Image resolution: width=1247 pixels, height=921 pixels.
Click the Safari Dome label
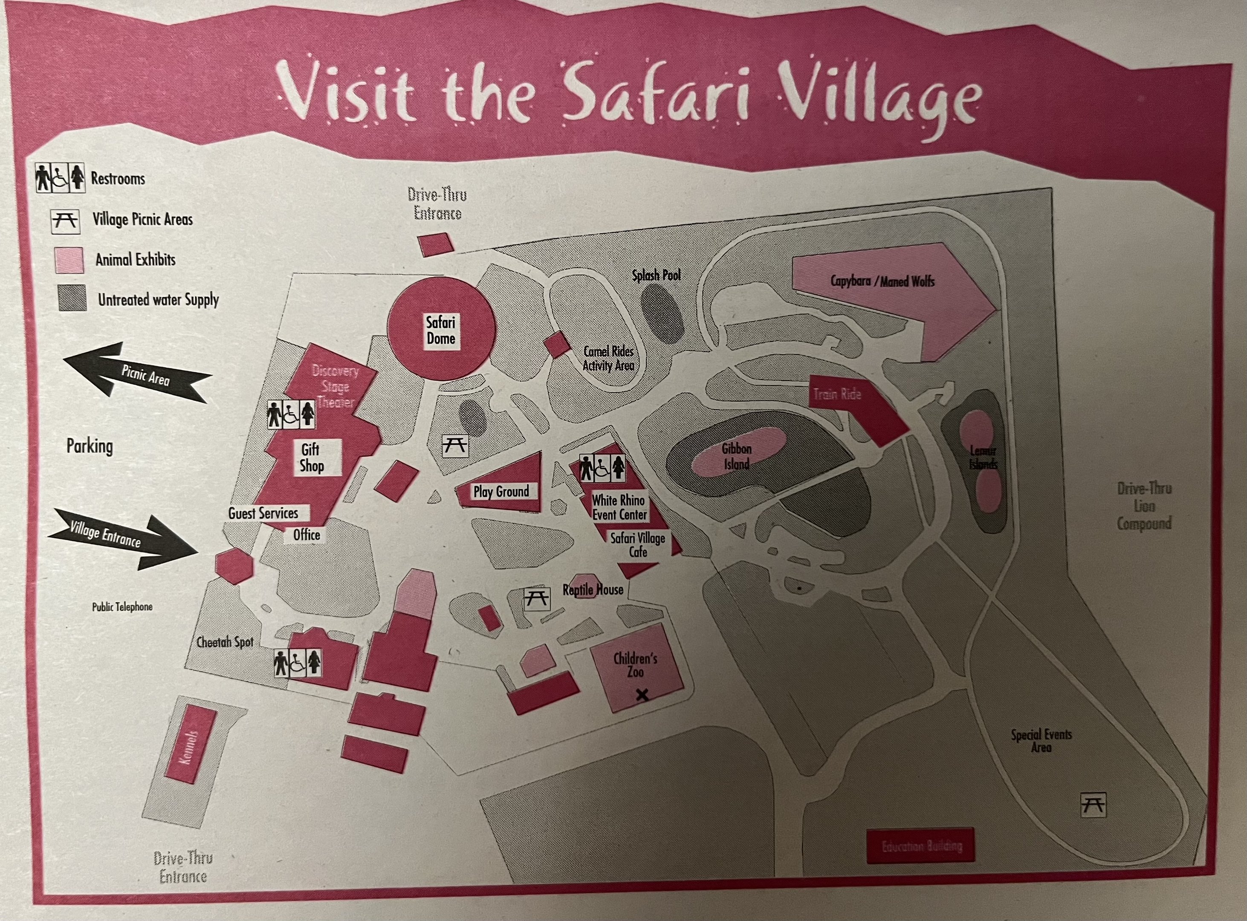coord(440,330)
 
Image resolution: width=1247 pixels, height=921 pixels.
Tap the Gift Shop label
coord(311,458)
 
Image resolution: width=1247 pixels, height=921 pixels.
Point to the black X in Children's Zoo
coord(642,695)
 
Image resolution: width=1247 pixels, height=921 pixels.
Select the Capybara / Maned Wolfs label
coord(882,281)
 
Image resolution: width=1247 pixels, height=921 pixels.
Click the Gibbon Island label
coord(736,456)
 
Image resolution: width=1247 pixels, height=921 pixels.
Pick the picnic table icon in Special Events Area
coord(1093,805)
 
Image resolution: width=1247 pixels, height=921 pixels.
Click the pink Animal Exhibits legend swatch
coord(69,261)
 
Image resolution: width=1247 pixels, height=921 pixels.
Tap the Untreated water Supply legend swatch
coord(72,298)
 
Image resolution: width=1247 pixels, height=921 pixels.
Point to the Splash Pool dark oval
coord(662,313)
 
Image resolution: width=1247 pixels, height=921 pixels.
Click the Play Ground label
coord(501,492)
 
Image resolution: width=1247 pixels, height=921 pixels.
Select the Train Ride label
coord(837,394)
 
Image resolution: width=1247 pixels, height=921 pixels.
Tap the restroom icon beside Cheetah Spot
coord(298,663)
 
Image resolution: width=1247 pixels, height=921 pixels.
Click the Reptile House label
coord(593,590)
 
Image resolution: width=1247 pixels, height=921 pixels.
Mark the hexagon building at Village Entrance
coord(234,566)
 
